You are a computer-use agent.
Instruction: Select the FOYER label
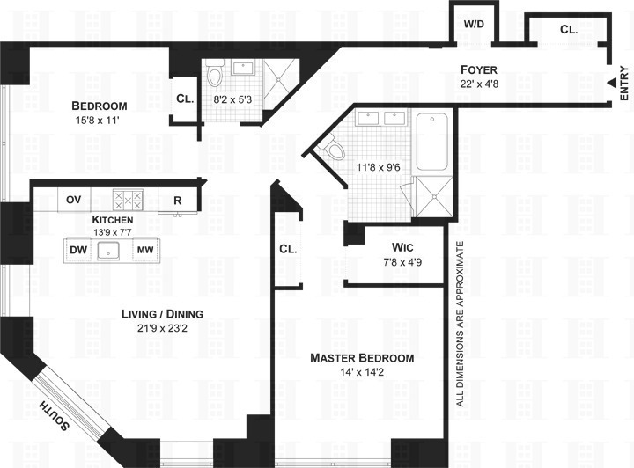480,69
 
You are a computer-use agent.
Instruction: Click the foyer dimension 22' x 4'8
480,85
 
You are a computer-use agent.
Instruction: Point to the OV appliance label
74,200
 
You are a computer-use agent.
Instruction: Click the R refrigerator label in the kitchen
177,200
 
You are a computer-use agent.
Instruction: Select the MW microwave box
144,250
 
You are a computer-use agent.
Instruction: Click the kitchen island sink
112,250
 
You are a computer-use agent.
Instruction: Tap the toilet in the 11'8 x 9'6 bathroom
333,150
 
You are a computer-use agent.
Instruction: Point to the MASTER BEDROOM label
362,358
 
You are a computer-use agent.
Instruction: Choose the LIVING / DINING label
163,313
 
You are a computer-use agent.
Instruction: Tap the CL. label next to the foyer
568,29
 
